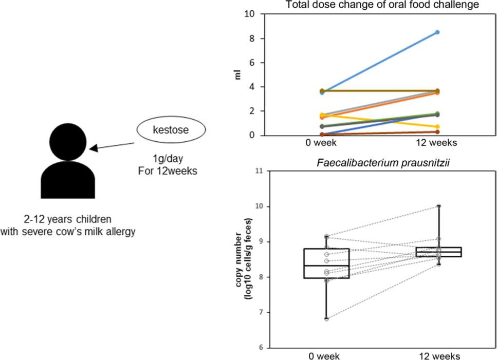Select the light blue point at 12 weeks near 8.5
pyautogui.click(x=437, y=32)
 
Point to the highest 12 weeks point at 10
pyautogui.click(x=439, y=206)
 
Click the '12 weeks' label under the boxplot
pyautogui.click(x=439, y=356)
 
